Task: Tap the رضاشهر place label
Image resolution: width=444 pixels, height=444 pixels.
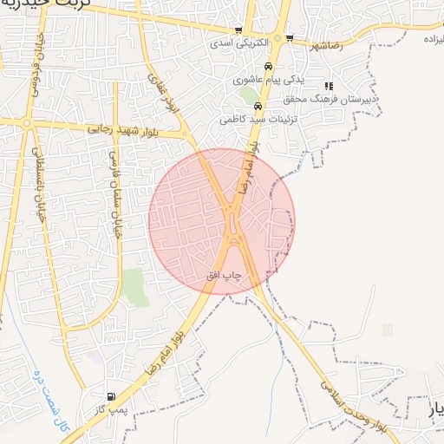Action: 319,44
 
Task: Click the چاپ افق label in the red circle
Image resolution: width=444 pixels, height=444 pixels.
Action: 223,275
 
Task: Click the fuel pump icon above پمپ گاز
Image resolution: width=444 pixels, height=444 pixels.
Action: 110,395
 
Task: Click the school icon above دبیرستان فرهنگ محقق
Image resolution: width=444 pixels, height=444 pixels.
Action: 329,86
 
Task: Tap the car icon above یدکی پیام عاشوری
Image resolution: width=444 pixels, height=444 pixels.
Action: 268,67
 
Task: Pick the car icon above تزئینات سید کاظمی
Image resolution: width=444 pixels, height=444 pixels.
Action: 258,106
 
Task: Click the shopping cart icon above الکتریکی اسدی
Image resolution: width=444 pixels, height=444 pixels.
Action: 238,30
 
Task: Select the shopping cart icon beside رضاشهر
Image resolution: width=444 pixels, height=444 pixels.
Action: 290,37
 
